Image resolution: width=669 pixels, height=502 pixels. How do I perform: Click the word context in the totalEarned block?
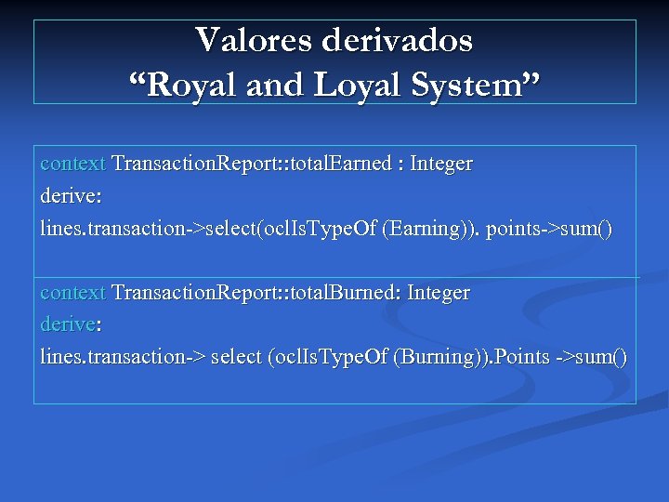(x=73, y=164)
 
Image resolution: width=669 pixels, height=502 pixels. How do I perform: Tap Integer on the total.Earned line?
(x=441, y=164)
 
